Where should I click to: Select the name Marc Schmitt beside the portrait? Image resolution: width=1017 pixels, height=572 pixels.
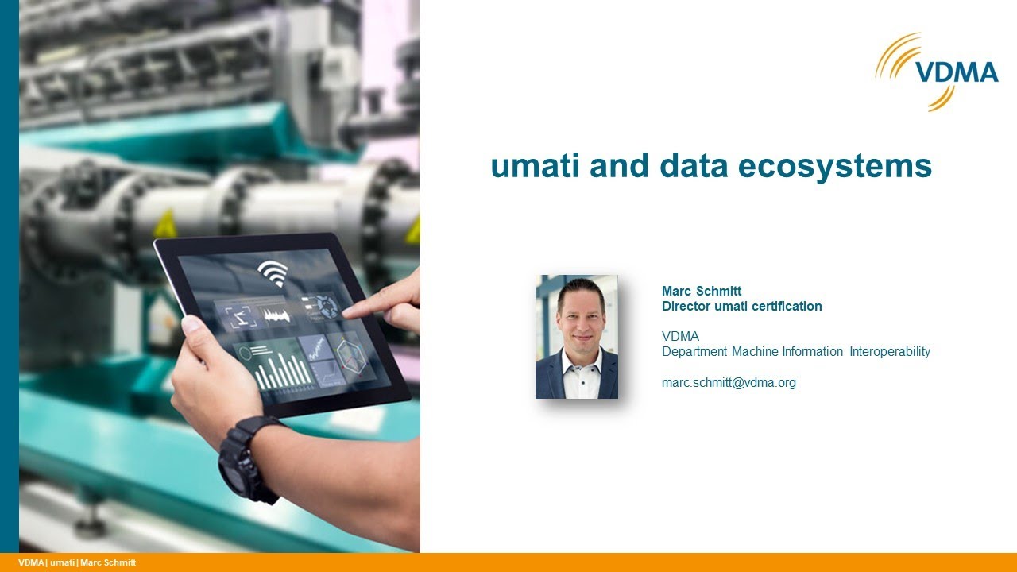coord(702,291)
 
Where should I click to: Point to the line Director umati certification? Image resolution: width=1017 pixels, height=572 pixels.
coord(741,306)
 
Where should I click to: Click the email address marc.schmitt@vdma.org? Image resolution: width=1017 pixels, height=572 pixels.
coord(729,382)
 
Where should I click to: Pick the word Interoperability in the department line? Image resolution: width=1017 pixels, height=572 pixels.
coord(890,351)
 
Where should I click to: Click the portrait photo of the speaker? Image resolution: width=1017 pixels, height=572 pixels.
coord(577,337)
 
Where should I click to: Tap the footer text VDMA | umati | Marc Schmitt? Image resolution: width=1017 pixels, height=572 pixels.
coord(77,562)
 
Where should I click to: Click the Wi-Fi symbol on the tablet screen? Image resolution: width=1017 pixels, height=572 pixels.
coord(273,272)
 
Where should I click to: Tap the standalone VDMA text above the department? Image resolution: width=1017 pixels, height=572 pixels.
coord(680,336)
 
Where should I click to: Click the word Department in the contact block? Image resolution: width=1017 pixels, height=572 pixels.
coord(694,351)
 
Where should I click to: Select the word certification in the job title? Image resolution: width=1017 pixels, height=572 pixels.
coord(785,306)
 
